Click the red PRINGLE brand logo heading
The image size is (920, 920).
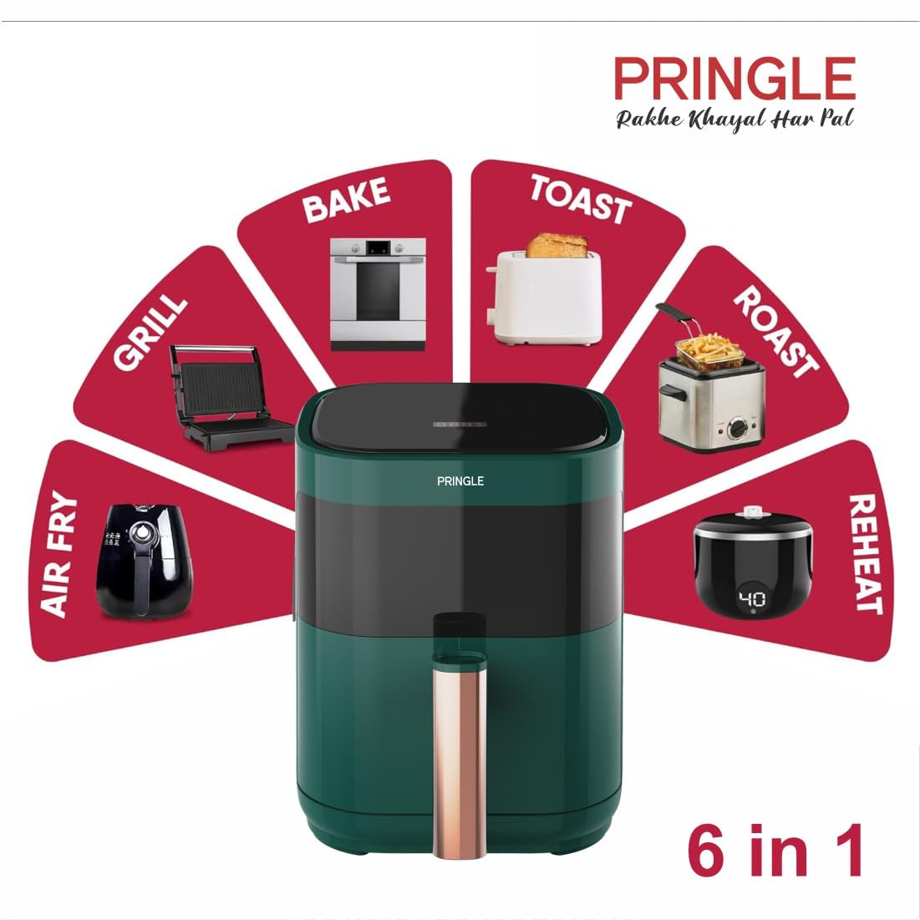pyautogui.click(x=734, y=79)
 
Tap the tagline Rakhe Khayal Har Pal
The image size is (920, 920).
pyautogui.click(x=734, y=119)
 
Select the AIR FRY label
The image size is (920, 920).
pyautogui.click(x=58, y=554)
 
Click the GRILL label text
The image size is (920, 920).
pyautogui.click(x=150, y=332)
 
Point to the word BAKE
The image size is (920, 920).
pyautogui.click(x=346, y=200)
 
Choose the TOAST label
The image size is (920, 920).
pyautogui.click(x=581, y=200)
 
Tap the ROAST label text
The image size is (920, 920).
pyautogui.click(x=775, y=332)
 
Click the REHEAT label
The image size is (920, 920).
pyautogui.click(x=866, y=554)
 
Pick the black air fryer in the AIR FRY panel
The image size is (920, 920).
pyautogui.click(x=144, y=561)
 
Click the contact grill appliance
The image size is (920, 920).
pyautogui.click(x=230, y=397)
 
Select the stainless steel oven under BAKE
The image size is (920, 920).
pyautogui.click(x=377, y=294)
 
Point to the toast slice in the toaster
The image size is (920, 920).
pyautogui.click(x=557, y=246)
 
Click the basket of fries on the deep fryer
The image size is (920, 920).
pyautogui.click(x=709, y=350)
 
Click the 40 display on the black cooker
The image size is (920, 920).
pyautogui.click(x=752, y=599)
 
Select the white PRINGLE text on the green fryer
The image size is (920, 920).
pyautogui.click(x=460, y=481)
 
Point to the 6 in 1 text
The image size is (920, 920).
pyautogui.click(x=775, y=850)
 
